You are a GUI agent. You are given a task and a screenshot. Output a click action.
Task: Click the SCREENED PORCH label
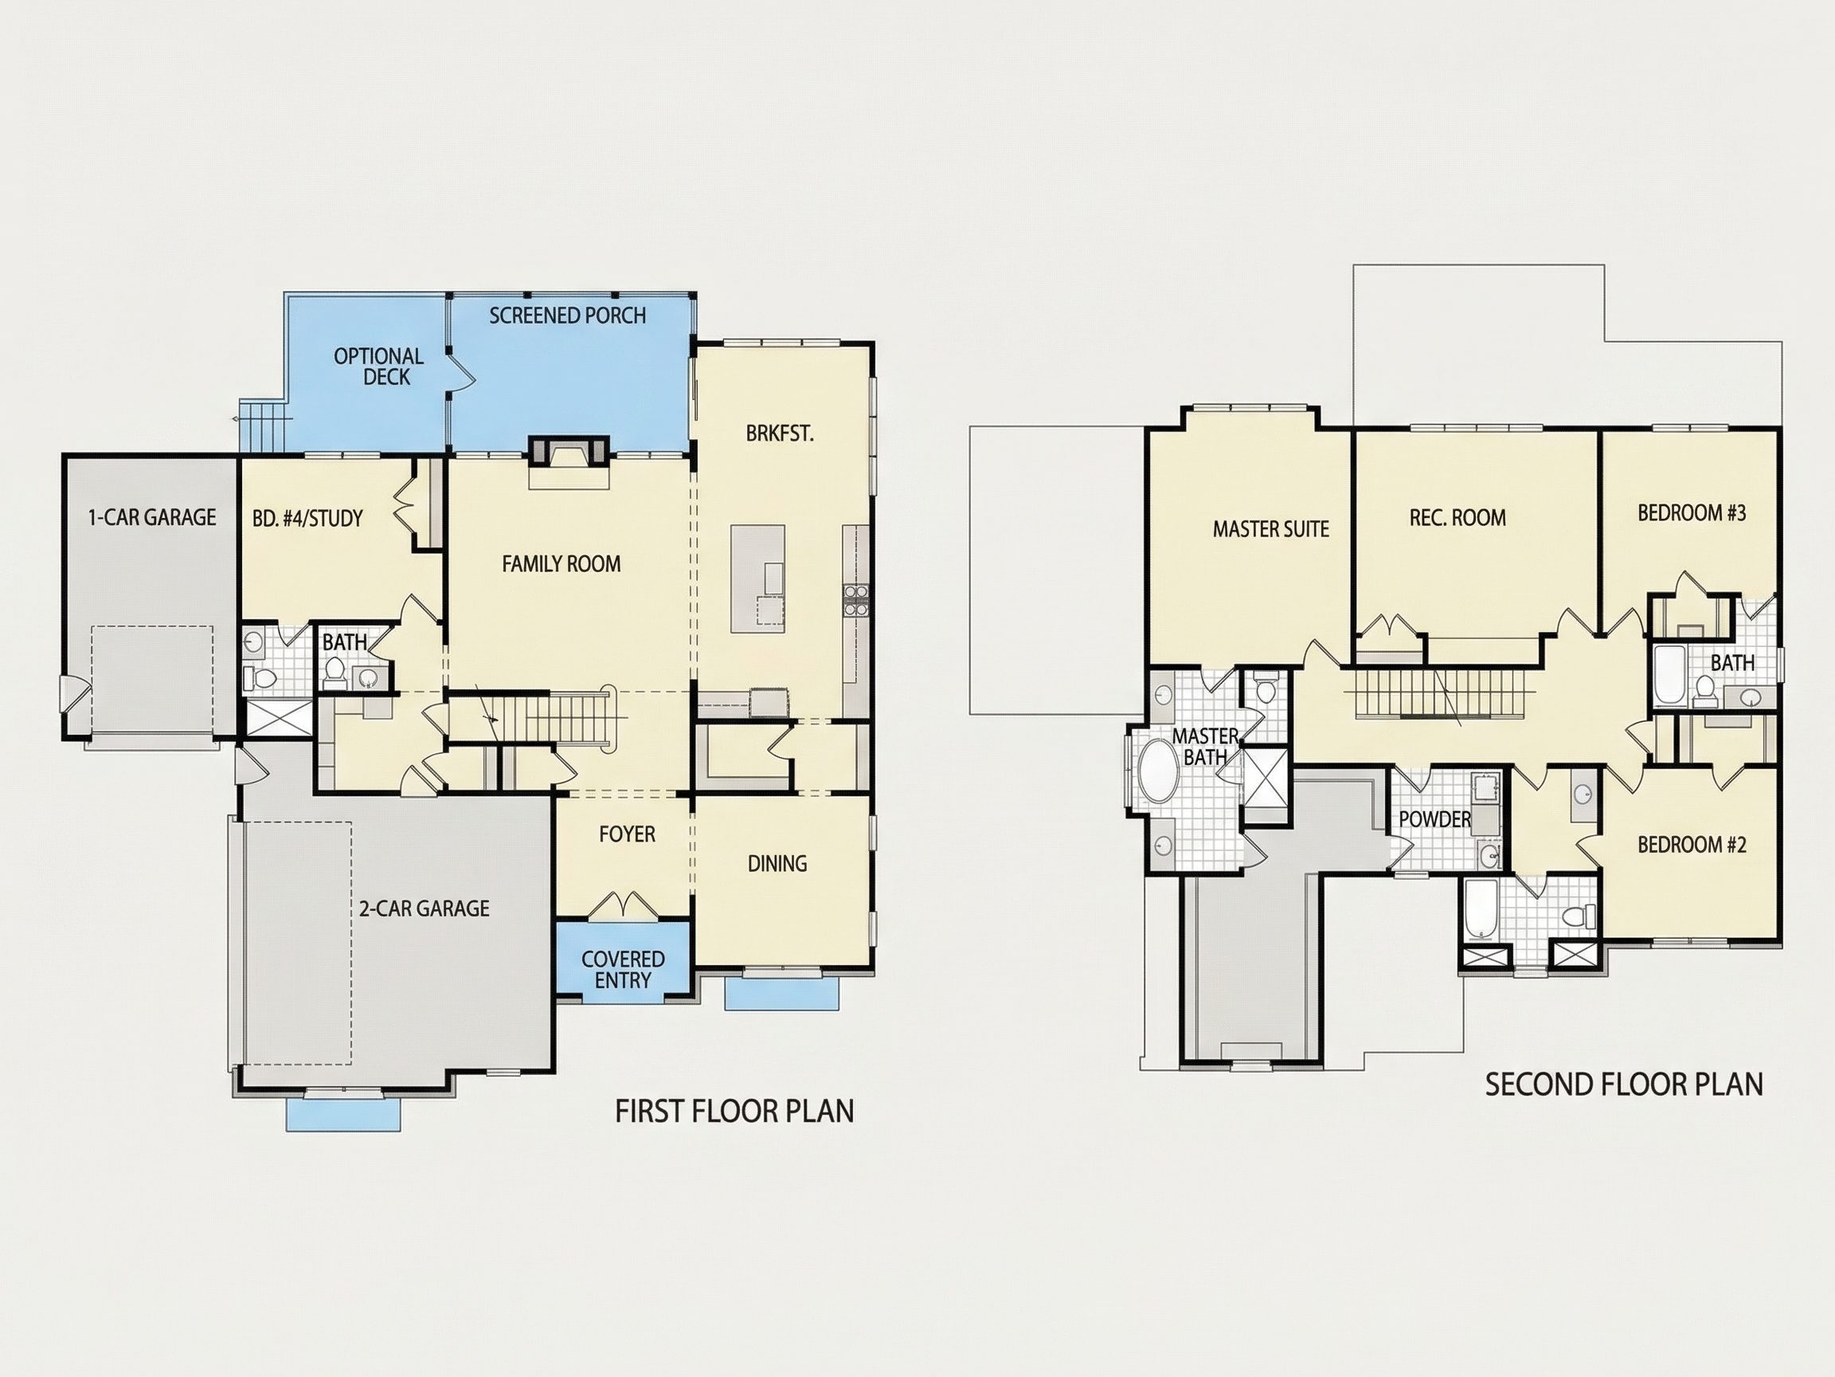pyautogui.click(x=567, y=316)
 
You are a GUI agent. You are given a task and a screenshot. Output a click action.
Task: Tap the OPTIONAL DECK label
pyautogui.click(x=379, y=366)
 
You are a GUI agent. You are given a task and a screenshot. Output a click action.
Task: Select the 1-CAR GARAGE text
pyautogui.click(x=152, y=517)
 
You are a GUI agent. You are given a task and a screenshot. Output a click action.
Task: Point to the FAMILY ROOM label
pyautogui.click(x=561, y=563)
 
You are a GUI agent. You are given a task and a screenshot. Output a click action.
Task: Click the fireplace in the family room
pyautogui.click(x=569, y=454)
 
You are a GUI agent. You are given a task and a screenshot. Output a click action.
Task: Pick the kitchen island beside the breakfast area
pyautogui.click(x=757, y=579)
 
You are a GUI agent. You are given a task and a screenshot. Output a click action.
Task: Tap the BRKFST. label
pyautogui.click(x=780, y=433)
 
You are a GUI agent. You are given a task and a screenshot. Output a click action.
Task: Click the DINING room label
pyautogui.click(x=777, y=864)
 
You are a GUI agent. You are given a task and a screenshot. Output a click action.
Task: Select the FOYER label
pyautogui.click(x=627, y=834)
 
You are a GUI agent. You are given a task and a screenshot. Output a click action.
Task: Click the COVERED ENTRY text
pyautogui.click(x=623, y=970)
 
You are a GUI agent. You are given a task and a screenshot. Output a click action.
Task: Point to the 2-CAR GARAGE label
pyautogui.click(x=424, y=908)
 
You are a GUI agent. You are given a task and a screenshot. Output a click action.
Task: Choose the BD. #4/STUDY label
pyautogui.click(x=307, y=519)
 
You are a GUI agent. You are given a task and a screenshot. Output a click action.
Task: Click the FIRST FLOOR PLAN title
pyautogui.click(x=734, y=1112)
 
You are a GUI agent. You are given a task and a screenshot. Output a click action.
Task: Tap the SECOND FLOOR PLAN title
pyautogui.click(x=1624, y=1085)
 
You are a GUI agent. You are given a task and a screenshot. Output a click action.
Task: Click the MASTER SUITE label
pyautogui.click(x=1271, y=528)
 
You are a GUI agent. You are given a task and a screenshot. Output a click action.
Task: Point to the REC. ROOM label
pyautogui.click(x=1457, y=518)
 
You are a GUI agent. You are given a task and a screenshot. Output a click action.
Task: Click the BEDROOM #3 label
pyautogui.click(x=1692, y=513)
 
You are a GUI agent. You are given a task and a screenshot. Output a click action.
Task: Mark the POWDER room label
pyautogui.click(x=1435, y=819)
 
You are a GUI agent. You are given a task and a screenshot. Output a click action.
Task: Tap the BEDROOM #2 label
pyautogui.click(x=1692, y=845)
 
